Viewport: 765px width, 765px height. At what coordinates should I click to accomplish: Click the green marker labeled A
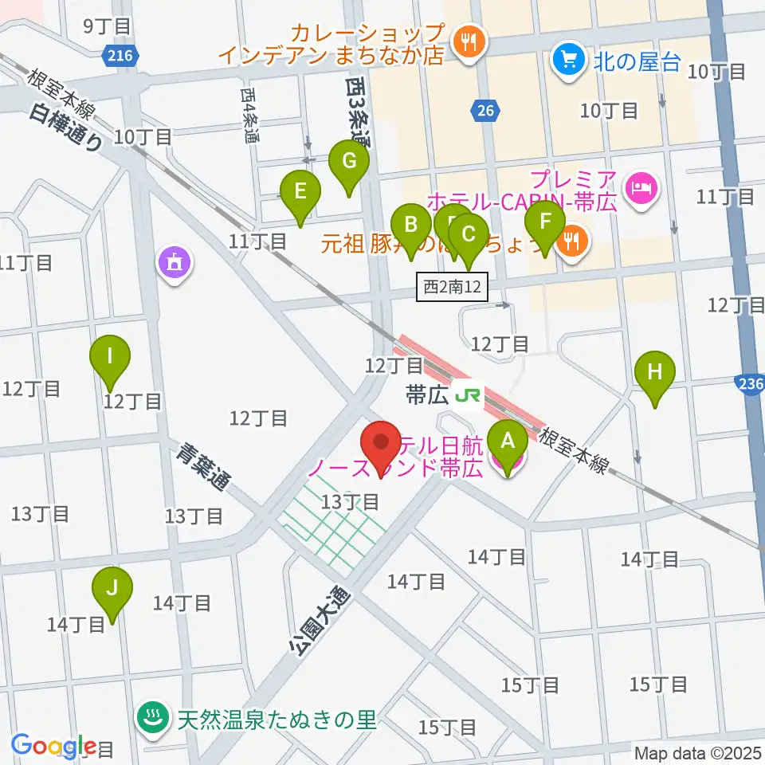508,439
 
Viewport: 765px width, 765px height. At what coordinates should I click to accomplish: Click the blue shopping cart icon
567,59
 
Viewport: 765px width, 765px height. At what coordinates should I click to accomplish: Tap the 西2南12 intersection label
451,288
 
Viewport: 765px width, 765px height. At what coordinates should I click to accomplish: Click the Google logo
53,745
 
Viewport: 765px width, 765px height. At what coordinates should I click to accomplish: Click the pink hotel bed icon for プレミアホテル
641,188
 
